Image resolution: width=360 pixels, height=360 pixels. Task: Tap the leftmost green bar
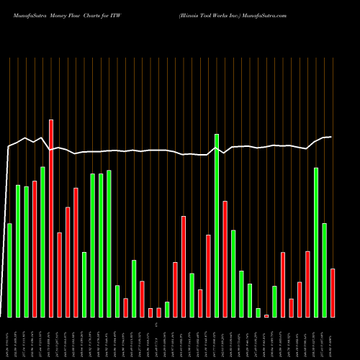pos(9,270)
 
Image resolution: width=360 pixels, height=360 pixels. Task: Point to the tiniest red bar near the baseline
pos(266,315)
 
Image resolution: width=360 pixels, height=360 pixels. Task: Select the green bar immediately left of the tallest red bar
pos(42,242)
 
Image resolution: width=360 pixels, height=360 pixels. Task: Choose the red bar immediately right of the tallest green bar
pos(225,259)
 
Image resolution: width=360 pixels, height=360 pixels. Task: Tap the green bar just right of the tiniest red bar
pos(274,301)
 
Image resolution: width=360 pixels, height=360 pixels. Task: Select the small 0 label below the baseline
pos(156,325)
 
